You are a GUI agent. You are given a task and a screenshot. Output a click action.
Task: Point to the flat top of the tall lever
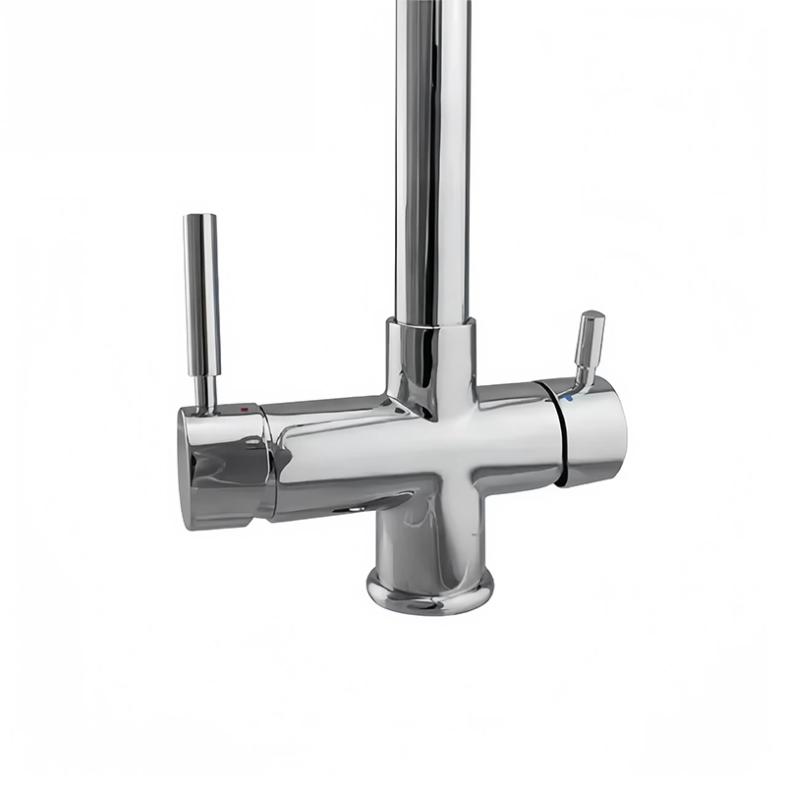coord(200,217)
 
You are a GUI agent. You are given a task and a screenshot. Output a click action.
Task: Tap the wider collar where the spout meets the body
coord(431,354)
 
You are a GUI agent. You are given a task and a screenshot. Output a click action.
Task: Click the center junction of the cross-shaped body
coord(432,442)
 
